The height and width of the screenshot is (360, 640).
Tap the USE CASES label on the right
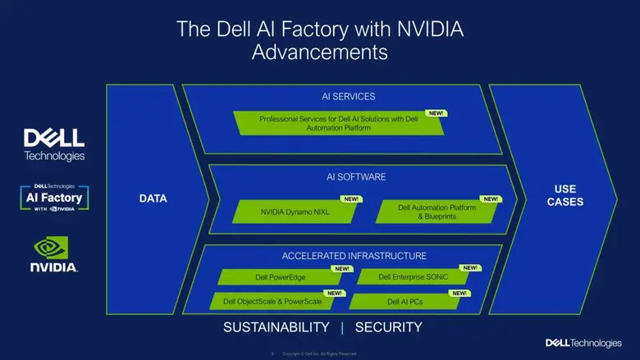564,195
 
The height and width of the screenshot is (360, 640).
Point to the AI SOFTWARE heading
350,176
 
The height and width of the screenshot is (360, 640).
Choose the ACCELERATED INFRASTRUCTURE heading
354,255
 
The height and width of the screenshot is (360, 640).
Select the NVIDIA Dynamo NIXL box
295,212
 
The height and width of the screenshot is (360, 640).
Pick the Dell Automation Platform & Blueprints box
436,212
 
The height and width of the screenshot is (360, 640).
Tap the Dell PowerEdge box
280,277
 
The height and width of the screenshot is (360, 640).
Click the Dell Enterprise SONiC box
414,277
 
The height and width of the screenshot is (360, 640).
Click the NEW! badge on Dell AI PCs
459,293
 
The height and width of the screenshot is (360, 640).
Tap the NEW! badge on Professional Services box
436,113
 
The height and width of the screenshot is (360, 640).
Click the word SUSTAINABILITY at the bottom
277,327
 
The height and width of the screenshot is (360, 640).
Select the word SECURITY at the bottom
388,327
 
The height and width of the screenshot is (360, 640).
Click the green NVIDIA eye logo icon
53,248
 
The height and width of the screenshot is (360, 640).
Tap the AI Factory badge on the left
53,198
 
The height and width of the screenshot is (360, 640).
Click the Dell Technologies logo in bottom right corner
583,342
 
